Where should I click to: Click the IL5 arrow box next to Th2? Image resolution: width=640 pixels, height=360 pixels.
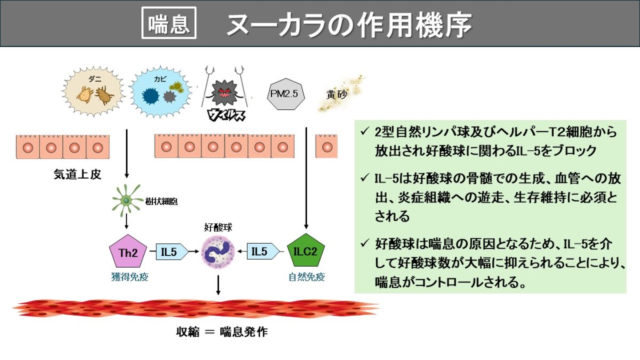tap(171, 251)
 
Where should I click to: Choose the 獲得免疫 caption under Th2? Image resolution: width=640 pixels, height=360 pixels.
tap(128, 276)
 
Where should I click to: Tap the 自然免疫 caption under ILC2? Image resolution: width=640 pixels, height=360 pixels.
tap(307, 277)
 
